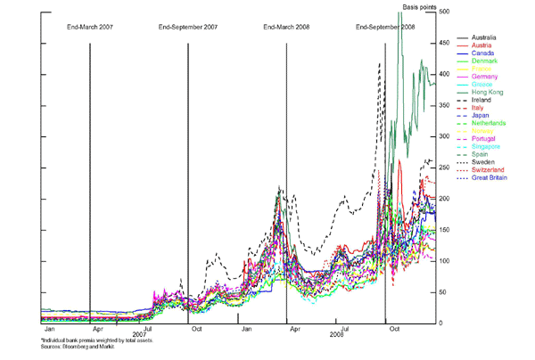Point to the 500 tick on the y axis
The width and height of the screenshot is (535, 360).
click(443, 12)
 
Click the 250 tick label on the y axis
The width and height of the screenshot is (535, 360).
click(443, 168)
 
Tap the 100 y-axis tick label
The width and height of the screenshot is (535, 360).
click(443, 261)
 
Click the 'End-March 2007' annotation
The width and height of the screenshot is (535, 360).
click(91, 28)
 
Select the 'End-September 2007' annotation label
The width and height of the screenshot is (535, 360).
click(187, 28)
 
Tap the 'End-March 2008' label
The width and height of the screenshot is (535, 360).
click(286, 28)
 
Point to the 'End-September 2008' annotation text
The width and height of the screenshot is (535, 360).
click(385, 28)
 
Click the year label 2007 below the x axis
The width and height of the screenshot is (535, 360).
click(139, 335)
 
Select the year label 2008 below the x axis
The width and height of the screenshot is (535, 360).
click(336, 335)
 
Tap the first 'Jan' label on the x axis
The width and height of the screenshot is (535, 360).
click(50, 329)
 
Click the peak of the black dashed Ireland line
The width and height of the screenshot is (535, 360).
click(380, 64)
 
